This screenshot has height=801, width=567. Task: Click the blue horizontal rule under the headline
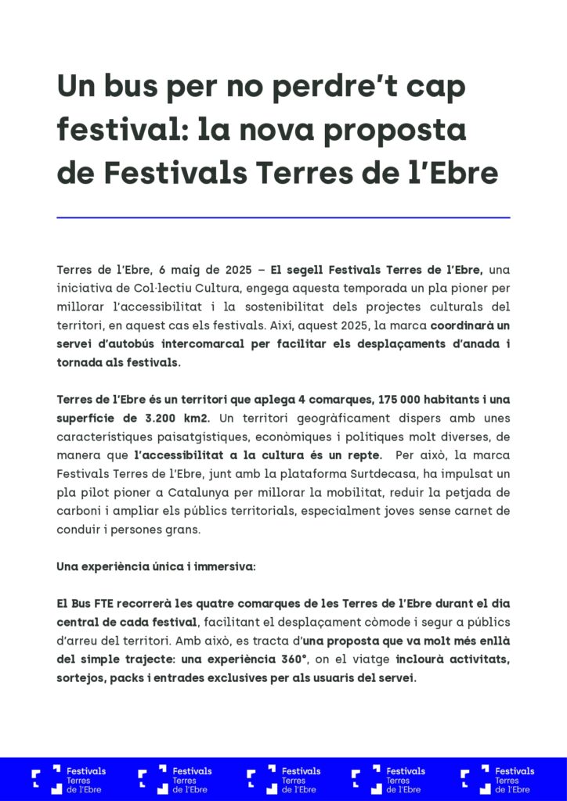283,217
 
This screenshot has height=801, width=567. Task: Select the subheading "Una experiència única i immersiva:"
156,566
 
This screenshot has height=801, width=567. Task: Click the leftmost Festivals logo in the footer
69,780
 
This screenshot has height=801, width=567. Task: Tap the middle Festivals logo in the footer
283,780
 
